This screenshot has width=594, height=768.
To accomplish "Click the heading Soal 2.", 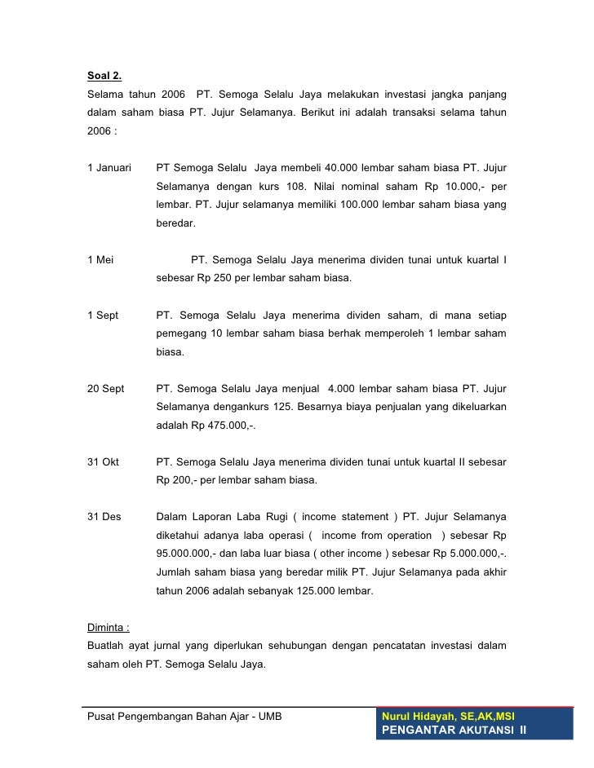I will (x=104, y=77).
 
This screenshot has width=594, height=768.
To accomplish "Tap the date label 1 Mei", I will (x=100, y=260).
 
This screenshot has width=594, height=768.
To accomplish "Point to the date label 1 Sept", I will (x=103, y=315).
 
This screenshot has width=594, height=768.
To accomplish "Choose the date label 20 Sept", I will (x=105, y=389).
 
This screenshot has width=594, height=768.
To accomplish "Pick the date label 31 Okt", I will (x=103, y=462).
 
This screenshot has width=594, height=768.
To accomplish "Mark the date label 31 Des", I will (x=104, y=517).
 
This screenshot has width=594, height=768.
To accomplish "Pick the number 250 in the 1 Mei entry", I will (x=223, y=278).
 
